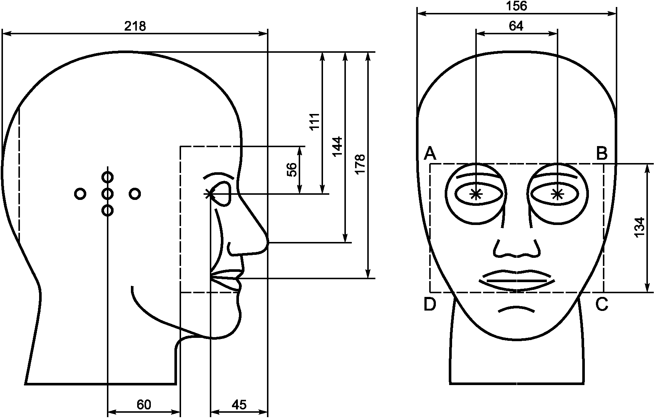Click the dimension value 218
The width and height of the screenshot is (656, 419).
pos(135,26)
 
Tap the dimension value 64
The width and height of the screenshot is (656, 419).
pos(516,26)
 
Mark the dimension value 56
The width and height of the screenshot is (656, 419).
pos(292,170)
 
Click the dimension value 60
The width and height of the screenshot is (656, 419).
pos(144,405)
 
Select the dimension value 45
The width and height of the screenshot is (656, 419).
pos(239,405)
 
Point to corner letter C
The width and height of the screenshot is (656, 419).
pos(602,304)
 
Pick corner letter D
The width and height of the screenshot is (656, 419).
pos(430,304)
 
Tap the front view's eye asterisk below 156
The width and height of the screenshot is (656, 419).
pos(476,194)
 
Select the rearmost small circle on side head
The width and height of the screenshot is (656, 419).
pos(80,194)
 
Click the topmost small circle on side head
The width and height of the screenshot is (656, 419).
pos(107,177)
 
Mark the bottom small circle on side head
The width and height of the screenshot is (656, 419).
pos(107,211)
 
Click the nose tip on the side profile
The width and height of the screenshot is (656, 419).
pos(267,243)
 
